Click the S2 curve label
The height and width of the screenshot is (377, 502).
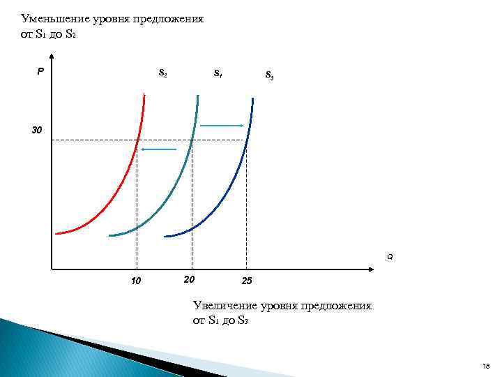pos(162,72)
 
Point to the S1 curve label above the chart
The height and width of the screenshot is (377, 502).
pos(218,72)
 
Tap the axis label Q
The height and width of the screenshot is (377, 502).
pos(390,258)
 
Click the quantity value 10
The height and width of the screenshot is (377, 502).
pos(136,282)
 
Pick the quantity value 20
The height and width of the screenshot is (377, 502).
pos(188,279)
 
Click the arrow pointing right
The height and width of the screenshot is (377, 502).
pos(222,126)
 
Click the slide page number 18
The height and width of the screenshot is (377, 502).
pos(486,366)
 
